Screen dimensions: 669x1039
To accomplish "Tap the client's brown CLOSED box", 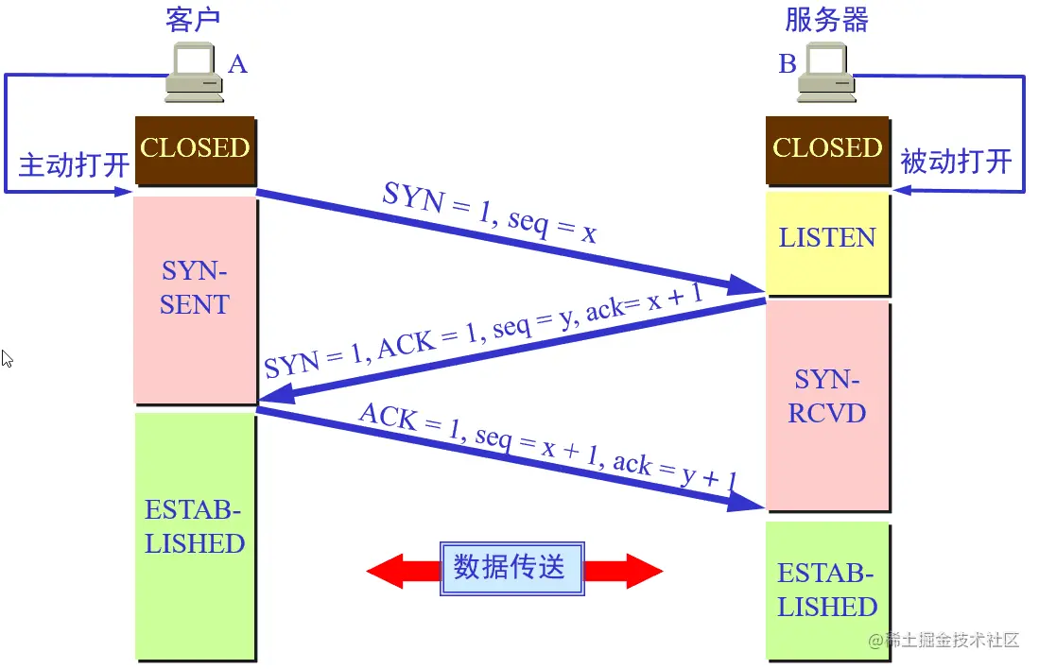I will (x=195, y=148).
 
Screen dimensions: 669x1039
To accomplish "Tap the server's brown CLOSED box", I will (x=827, y=148).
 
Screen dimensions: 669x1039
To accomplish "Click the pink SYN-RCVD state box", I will (x=827, y=404).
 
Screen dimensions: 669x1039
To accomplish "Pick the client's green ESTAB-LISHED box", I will (x=195, y=535).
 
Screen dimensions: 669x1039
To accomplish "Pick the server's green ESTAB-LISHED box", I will (x=827, y=590).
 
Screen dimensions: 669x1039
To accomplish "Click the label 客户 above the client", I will (x=193, y=20).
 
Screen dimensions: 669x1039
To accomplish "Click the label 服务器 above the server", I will (x=826, y=20).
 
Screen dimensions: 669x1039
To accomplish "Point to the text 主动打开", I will (x=74, y=164).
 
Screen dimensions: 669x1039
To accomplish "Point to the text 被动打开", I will (x=956, y=161).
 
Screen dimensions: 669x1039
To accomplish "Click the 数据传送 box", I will (x=511, y=568).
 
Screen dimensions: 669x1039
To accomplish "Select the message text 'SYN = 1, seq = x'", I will (x=490, y=213).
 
